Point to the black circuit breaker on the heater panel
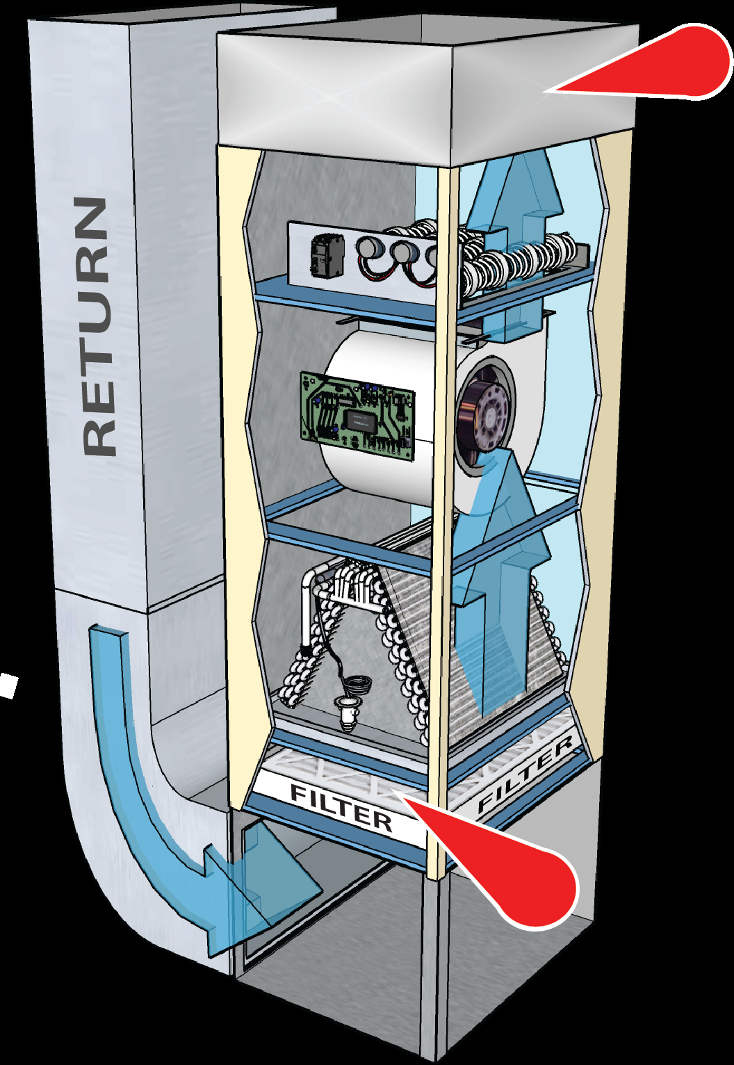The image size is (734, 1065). [x=325, y=255]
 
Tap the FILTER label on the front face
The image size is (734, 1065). [x=341, y=806]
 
